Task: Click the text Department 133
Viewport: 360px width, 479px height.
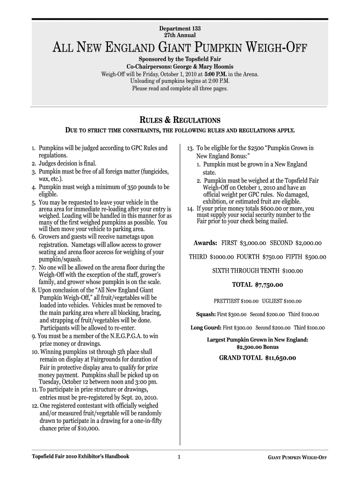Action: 180,28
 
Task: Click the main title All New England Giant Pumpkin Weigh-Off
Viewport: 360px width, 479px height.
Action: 180,47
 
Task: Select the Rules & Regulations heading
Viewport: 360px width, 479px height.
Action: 180,120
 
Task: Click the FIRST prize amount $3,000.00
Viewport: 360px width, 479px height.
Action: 252,243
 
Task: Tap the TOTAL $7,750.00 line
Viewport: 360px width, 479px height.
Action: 258,284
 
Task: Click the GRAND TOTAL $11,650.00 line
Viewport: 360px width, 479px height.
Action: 258,358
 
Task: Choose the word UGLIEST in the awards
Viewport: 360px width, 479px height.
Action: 272,301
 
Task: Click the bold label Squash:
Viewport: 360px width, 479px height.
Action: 206,314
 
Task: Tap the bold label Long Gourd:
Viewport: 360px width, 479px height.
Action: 206,327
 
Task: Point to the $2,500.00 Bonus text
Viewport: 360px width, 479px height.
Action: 258,347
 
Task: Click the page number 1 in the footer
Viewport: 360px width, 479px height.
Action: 179,457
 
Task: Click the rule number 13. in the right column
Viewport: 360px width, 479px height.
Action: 190,148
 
